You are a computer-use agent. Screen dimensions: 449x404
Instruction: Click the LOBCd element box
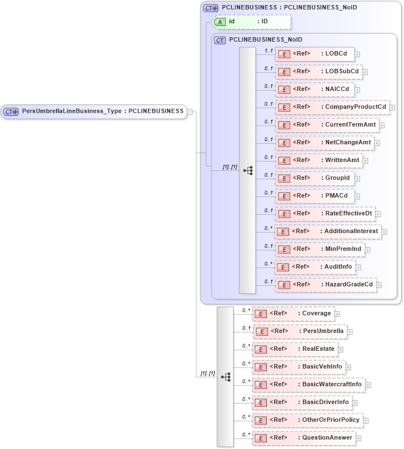tap(315, 54)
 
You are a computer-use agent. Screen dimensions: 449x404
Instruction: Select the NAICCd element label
tap(337, 89)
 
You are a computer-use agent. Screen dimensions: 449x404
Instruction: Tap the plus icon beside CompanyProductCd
tap(392, 107)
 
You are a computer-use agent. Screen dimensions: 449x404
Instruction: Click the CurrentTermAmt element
tap(327, 124)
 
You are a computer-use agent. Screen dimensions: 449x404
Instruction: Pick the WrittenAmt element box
tap(319, 160)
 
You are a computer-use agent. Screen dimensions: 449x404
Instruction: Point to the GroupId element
tap(315, 178)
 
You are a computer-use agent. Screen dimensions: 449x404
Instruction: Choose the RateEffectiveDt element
tap(325, 213)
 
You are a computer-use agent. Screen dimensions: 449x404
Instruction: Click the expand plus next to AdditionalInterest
tap(384, 231)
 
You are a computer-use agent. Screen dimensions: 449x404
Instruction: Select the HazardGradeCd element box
tap(326, 284)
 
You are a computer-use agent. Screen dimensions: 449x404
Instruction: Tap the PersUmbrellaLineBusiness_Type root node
tap(94, 111)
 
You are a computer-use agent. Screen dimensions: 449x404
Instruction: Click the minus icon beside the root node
tap(190, 112)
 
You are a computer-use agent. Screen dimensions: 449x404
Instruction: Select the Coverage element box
tap(294, 314)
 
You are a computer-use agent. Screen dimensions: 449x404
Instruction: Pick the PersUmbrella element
tap(300, 331)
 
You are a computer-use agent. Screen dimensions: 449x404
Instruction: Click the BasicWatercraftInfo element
tap(308, 384)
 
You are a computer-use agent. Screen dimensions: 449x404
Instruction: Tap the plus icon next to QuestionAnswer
tap(358, 438)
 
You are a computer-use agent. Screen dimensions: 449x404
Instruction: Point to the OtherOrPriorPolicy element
tap(308, 420)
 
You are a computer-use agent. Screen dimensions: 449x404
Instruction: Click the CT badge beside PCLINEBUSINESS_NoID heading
tap(220, 41)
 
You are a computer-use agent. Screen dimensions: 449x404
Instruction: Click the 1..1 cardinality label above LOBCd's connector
tap(269, 51)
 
